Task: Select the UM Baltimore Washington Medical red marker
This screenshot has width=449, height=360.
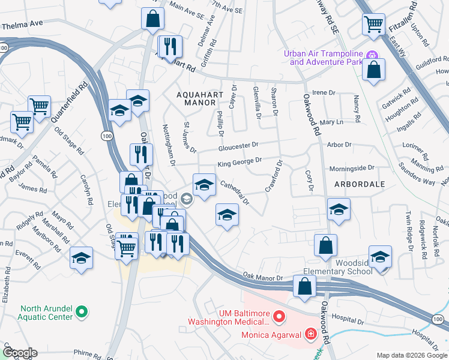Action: click(x=279, y=316)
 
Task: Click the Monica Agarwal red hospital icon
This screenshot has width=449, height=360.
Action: click(x=310, y=333)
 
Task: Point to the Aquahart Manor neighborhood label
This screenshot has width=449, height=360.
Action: click(x=196, y=99)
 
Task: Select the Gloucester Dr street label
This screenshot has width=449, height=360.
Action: click(x=238, y=146)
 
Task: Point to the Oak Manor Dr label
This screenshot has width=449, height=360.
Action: click(x=262, y=277)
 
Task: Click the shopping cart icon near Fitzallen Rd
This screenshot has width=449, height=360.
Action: click(x=373, y=25)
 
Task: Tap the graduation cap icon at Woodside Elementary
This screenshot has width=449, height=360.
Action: click(x=380, y=257)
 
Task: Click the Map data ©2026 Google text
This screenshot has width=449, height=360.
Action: click(x=411, y=355)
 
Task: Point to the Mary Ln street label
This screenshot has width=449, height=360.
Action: click(x=331, y=122)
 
